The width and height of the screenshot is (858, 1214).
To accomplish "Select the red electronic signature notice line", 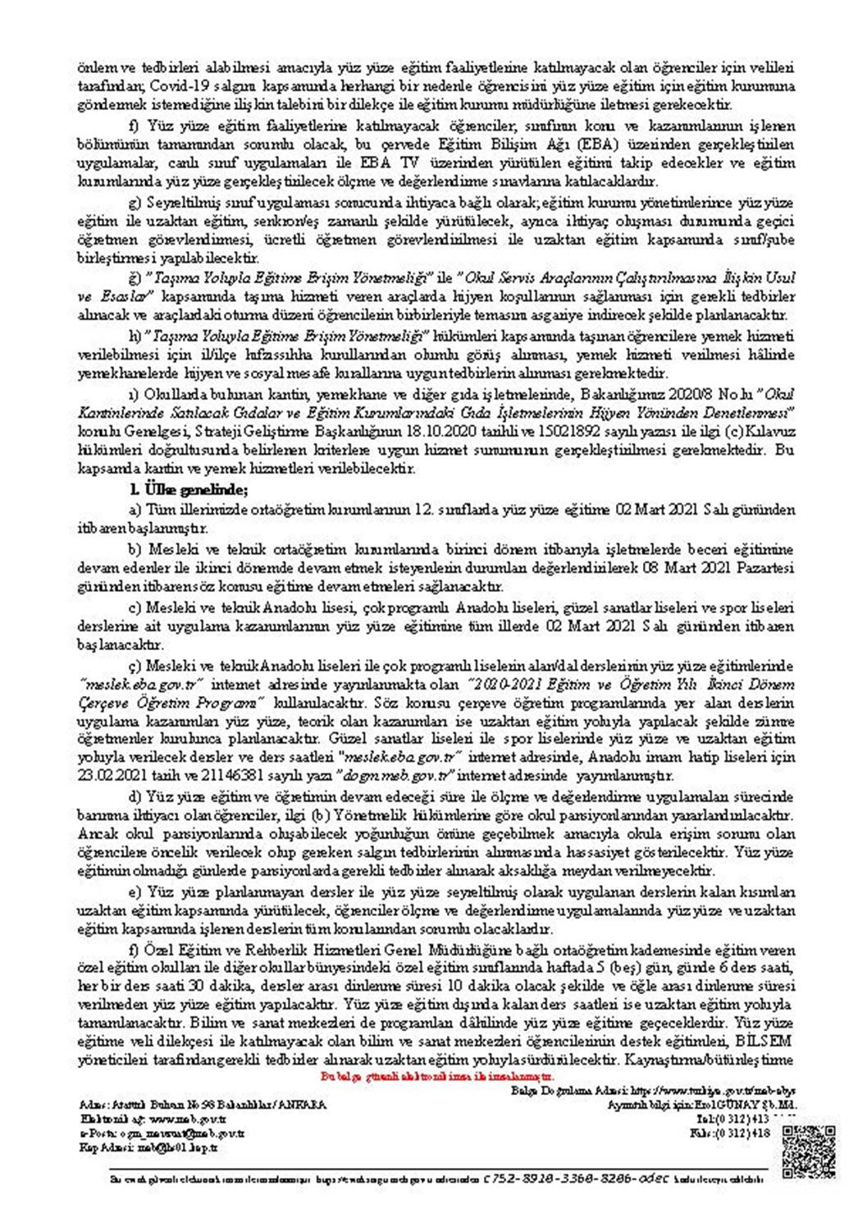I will pyautogui.click(x=437, y=1075).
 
